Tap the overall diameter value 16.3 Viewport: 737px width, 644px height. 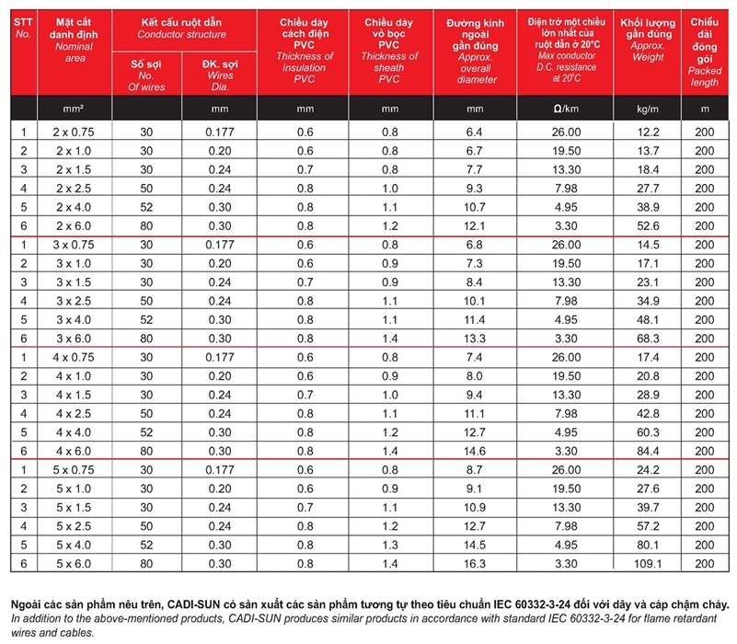pyautogui.click(x=475, y=563)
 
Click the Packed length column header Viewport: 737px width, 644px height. pyautogui.click(x=704, y=52)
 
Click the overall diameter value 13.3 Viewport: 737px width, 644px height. pyautogui.click(x=475, y=339)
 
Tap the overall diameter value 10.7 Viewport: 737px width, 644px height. pyautogui.click(x=475, y=207)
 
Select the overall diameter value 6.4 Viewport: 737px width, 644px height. pyautogui.click(x=475, y=132)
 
